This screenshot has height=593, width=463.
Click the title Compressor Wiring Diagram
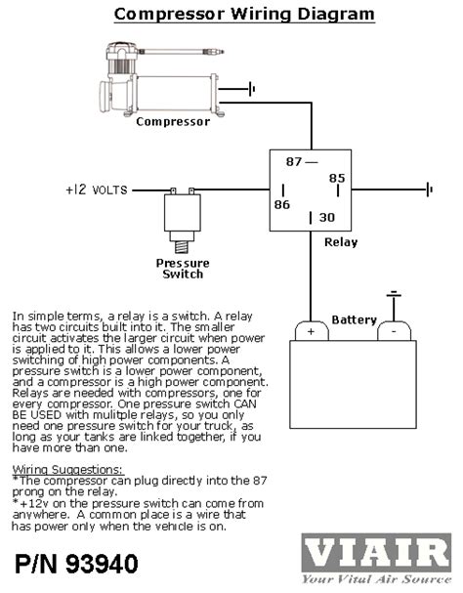(243, 14)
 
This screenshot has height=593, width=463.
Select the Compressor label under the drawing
(172, 122)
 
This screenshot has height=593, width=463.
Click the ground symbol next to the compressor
(253, 90)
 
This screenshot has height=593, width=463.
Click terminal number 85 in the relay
(336, 178)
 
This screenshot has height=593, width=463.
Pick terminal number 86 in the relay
(281, 204)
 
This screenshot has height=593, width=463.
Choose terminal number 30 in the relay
(327, 217)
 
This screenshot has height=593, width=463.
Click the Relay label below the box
(340, 242)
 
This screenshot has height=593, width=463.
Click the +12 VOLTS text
(96, 190)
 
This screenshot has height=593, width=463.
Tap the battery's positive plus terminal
(312, 330)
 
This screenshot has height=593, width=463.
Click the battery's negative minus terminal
(393, 330)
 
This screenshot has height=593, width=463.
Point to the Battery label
(354, 319)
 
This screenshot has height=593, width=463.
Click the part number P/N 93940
(76, 564)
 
